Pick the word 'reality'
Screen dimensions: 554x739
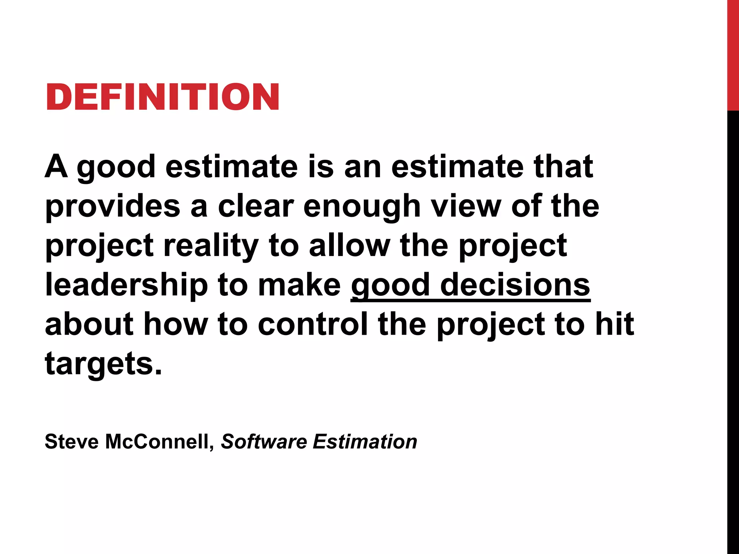pos(211,247)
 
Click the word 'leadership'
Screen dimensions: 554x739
pos(126,286)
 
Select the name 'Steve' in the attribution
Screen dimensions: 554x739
pos(71,441)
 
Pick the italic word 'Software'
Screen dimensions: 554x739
pos(264,441)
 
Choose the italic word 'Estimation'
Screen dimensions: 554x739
pos(365,441)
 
